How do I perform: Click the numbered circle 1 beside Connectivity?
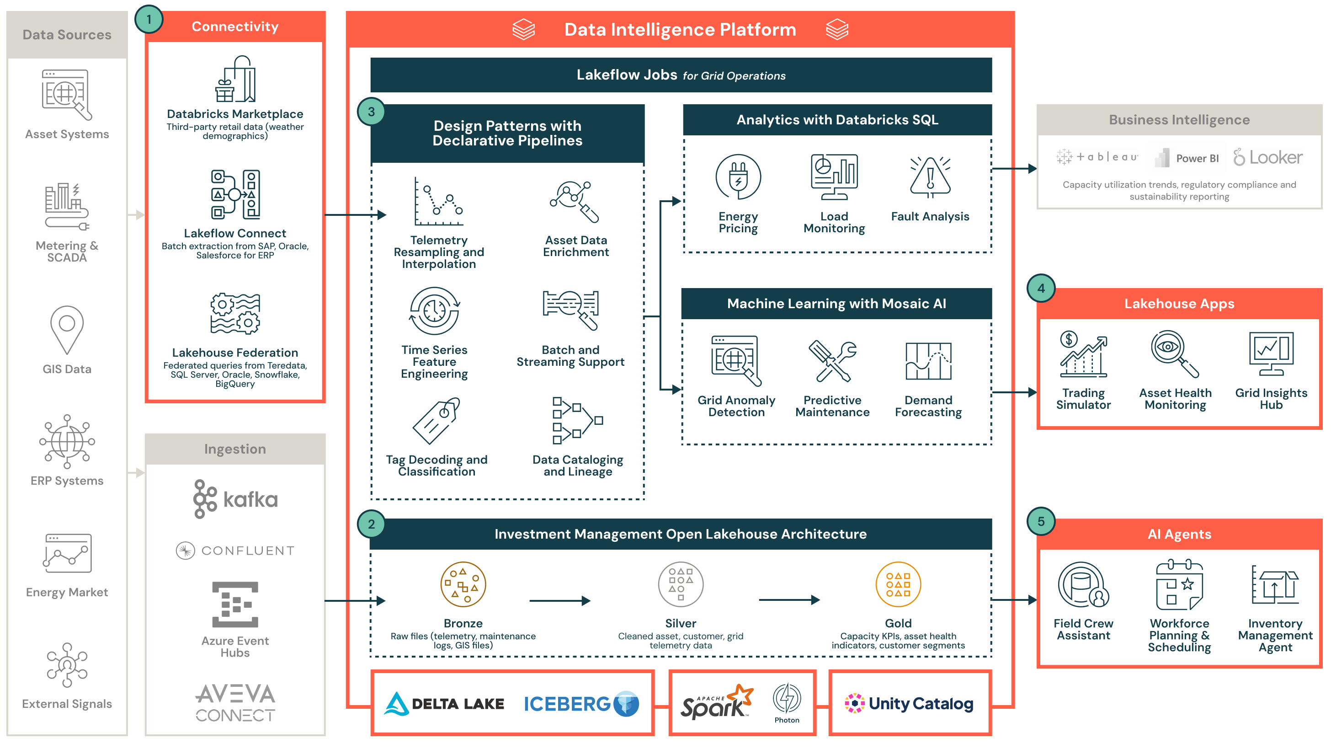pos(149,20)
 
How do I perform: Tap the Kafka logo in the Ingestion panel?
pos(235,499)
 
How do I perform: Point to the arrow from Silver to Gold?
pos(789,599)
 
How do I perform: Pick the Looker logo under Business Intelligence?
pos(1268,157)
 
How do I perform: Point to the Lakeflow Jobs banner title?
pos(681,75)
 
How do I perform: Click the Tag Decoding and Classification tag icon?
pos(436,421)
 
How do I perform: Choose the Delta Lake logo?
pos(444,704)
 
